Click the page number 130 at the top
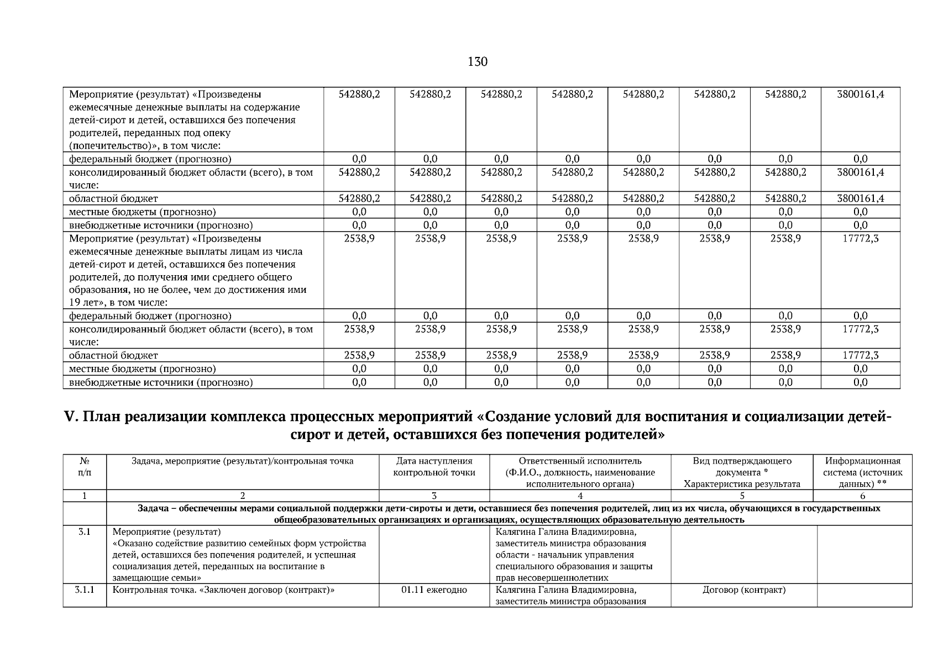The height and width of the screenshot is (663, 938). click(x=478, y=62)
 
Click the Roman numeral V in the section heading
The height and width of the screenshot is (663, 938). click(x=71, y=417)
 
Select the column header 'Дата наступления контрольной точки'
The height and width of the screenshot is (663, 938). click(x=434, y=467)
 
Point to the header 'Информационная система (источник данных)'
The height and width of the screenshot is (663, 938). click(x=862, y=472)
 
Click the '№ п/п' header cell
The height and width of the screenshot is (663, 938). click(x=85, y=467)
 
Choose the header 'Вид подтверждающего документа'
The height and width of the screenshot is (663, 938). click(x=742, y=467)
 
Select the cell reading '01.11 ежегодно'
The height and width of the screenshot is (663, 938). click(x=434, y=590)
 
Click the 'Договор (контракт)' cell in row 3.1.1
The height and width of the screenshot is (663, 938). click(x=743, y=590)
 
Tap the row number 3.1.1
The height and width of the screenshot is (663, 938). click(x=85, y=590)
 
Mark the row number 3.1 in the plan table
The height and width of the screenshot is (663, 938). click(x=85, y=533)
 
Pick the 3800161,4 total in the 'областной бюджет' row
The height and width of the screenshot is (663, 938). click(x=860, y=198)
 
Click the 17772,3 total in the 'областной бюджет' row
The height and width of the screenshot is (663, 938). click(x=860, y=356)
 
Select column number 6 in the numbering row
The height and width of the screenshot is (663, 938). click(x=862, y=496)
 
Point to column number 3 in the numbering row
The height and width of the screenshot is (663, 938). click(x=434, y=496)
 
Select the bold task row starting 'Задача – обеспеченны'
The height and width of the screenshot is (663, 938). click(x=509, y=514)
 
